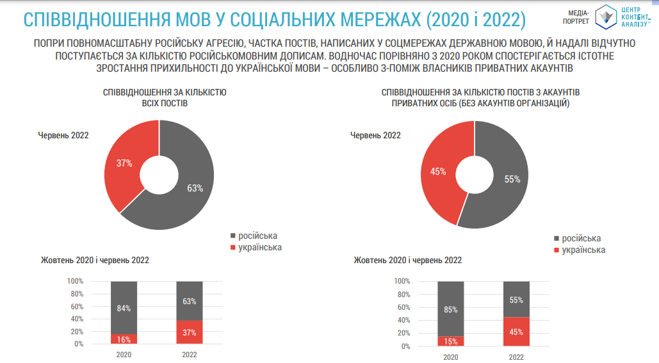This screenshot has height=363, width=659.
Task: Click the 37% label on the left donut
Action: (124, 163)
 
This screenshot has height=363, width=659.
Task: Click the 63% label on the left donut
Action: (195, 188)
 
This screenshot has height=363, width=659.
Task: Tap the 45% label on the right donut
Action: (438, 172)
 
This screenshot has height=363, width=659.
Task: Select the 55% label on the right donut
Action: (512, 180)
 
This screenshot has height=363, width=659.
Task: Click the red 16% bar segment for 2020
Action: (124, 339)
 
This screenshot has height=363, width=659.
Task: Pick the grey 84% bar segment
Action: (124, 308)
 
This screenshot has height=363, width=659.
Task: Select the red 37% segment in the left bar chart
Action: (189, 332)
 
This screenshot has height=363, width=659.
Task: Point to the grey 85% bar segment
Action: (451, 310)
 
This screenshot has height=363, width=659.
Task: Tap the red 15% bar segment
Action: (451, 341)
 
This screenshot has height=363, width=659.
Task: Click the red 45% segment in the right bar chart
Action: (516, 332)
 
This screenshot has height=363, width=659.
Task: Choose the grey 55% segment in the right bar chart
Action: (516, 299)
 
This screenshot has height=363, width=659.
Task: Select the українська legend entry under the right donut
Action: (583, 250)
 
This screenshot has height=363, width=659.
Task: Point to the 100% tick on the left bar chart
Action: (75, 281)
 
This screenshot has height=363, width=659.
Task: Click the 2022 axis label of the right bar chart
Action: (516, 357)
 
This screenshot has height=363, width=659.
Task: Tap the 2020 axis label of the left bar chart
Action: (124, 355)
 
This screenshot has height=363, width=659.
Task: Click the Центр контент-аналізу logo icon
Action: (605, 16)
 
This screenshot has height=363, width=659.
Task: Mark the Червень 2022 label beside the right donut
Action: (375, 135)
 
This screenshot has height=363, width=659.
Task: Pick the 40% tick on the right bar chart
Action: (402, 320)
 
